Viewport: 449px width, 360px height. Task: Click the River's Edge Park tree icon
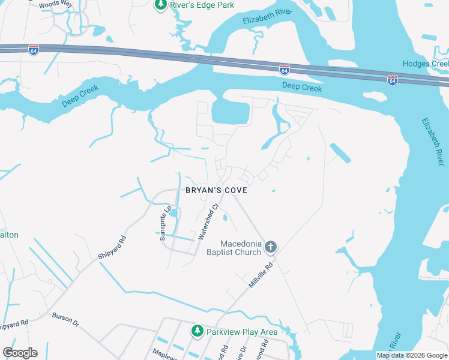point(160,5)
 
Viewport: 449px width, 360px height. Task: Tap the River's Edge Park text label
point(202,5)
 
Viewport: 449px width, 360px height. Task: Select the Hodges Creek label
point(425,64)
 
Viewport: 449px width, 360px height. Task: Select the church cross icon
point(271,247)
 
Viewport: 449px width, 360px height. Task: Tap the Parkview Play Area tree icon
point(197,331)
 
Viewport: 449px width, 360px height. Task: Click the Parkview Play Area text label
point(242,332)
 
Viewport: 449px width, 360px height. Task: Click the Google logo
point(20,353)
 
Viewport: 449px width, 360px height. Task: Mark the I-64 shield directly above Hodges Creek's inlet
point(392,80)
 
